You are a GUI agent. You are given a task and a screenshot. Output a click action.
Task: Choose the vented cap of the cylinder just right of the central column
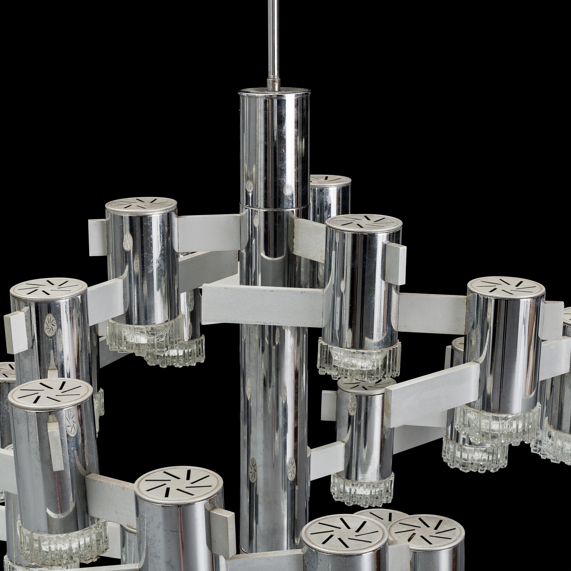pos(364,223)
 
